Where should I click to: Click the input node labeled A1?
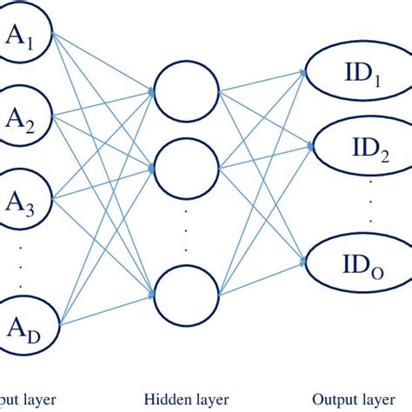(24, 37)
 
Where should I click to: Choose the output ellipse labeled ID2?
(356, 147)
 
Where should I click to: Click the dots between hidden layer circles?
(185, 230)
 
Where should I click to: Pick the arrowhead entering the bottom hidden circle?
(153, 296)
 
